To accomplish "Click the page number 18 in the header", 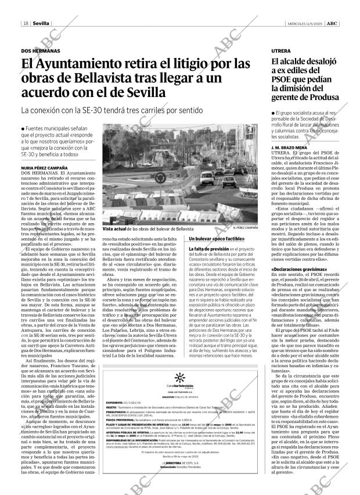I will [26, 23].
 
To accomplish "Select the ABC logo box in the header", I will [333, 23].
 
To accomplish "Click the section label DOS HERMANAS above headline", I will [40, 51].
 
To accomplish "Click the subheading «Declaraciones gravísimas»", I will [299, 270].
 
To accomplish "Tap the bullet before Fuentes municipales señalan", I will [22, 128].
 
